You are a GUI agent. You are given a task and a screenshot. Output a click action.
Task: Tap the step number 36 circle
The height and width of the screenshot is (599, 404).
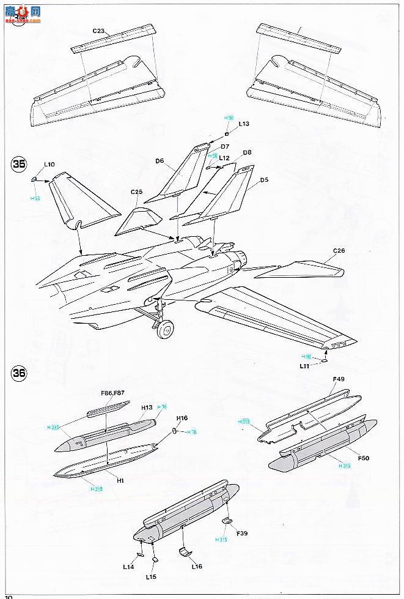point(19,372)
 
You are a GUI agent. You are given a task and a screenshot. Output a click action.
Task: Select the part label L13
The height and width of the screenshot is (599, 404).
point(244,124)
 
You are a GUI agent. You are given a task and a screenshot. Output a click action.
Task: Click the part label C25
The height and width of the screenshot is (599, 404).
point(136,192)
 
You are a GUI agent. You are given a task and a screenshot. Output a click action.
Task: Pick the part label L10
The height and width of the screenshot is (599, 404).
point(50,165)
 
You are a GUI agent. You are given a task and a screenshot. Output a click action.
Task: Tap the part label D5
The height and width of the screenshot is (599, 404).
point(265,180)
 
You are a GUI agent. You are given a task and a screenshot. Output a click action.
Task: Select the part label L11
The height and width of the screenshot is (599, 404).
point(305,366)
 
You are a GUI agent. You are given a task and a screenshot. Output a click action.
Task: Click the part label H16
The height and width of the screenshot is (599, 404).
point(182,419)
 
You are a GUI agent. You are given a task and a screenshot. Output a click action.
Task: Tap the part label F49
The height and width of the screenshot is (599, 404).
point(339,379)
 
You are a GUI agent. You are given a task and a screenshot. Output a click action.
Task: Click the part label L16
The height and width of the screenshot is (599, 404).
point(197,567)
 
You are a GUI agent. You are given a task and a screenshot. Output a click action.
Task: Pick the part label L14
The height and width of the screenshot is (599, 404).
point(129,567)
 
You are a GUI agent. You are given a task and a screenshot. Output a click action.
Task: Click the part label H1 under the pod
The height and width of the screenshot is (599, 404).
point(120,480)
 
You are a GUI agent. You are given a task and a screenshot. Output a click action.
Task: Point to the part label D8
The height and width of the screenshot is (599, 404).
point(247,152)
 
